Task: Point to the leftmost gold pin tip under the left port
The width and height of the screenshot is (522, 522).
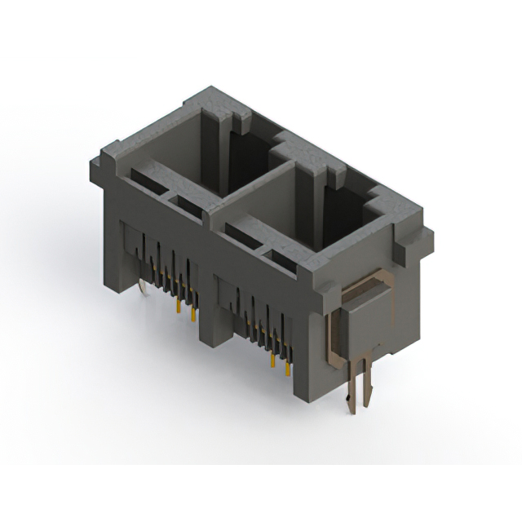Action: coord(177,307)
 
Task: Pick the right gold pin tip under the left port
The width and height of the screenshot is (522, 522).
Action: coord(193,316)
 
